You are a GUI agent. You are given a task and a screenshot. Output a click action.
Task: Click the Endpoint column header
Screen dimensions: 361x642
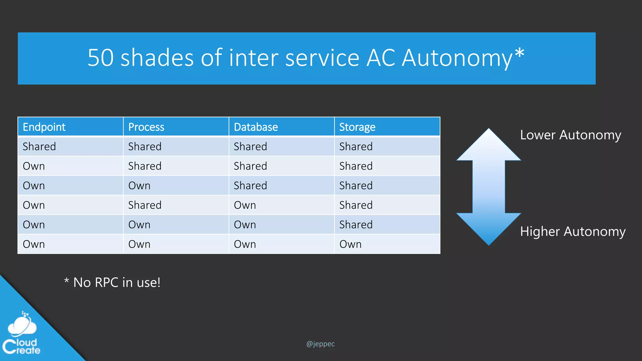pyautogui.click(x=44, y=127)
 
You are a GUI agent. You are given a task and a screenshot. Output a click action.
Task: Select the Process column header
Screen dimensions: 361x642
pyautogui.click(x=146, y=127)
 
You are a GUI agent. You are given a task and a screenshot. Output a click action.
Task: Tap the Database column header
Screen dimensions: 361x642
pyautogui.click(x=256, y=127)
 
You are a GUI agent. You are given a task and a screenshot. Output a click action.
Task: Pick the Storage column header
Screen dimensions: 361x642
pyautogui.click(x=357, y=127)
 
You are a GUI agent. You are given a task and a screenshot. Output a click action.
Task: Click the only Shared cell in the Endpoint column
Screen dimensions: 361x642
pyautogui.click(x=39, y=146)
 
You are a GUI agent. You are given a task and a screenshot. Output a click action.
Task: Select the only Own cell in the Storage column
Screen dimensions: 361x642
pyautogui.click(x=350, y=244)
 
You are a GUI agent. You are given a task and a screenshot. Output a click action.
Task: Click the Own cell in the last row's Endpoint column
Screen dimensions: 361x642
pyautogui.click(x=34, y=244)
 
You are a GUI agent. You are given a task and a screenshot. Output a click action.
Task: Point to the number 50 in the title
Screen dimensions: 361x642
pyautogui.click(x=100, y=58)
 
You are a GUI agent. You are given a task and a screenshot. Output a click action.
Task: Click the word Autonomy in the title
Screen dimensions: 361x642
pyautogui.click(x=457, y=58)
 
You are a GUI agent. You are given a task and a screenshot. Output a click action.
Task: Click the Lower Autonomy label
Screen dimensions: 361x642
pyautogui.click(x=570, y=135)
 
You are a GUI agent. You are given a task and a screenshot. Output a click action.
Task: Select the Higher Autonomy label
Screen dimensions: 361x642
pyautogui.click(x=572, y=232)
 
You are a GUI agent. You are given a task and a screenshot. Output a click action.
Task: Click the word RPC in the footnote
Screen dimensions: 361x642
pyautogui.click(x=106, y=282)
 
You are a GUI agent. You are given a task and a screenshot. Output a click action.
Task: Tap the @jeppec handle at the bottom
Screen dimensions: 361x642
pyautogui.click(x=320, y=344)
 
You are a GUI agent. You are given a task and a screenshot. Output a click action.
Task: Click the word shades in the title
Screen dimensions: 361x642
pyautogui.click(x=157, y=58)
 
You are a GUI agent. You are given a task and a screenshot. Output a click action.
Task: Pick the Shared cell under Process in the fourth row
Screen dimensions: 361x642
pyautogui.click(x=145, y=205)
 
